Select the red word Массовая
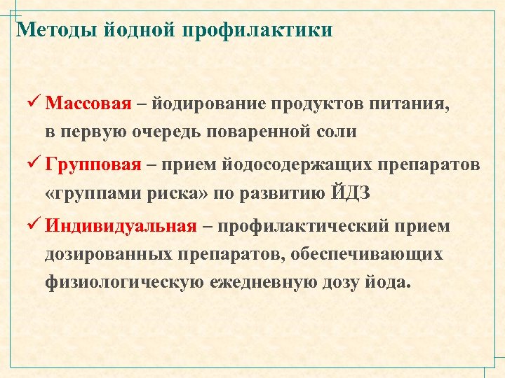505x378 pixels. (x=88, y=104)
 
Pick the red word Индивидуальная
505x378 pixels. (x=120, y=226)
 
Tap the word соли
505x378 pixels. (x=338, y=132)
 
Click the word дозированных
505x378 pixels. (x=109, y=254)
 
